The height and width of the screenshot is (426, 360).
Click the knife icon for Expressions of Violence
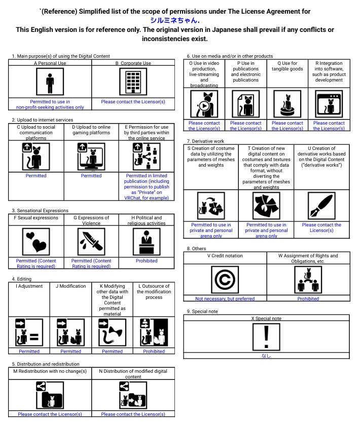(x=91, y=242)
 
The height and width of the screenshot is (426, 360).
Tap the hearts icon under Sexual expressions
(x=36, y=242)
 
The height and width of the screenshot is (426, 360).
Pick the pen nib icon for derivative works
(x=321, y=206)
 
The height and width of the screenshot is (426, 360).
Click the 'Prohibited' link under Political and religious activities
(x=147, y=261)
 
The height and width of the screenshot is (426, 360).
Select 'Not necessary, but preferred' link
(x=225, y=299)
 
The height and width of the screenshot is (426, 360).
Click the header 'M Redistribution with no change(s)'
(x=50, y=371)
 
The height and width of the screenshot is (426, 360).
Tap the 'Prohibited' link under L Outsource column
(x=154, y=351)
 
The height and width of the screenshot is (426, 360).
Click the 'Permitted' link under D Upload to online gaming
(x=91, y=176)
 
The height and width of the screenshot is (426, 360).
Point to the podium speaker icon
(x=147, y=242)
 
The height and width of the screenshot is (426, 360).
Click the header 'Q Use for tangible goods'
(x=287, y=66)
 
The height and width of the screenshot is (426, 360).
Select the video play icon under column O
(x=203, y=105)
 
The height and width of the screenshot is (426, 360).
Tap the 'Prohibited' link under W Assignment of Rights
(x=308, y=299)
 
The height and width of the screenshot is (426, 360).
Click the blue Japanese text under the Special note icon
(x=266, y=356)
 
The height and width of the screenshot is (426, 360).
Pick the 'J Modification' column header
(x=70, y=286)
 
